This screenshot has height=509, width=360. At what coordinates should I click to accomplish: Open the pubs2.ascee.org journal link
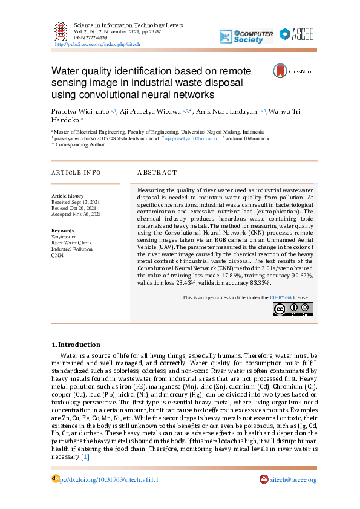tap(97, 44)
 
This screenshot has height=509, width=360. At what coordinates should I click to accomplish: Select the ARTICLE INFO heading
tap(76, 172)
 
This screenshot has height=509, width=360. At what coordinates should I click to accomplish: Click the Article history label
tap(68, 196)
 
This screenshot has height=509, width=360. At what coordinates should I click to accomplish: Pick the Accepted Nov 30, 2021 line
tap(76, 214)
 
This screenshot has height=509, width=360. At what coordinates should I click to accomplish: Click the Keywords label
tap(63, 231)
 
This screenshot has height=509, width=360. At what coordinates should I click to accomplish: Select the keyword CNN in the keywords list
tap(57, 256)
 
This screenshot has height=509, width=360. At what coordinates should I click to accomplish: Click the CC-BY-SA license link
tap(281, 297)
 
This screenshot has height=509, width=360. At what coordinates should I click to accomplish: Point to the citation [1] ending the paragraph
tap(85, 457)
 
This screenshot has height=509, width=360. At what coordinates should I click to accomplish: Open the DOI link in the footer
tap(110, 479)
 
